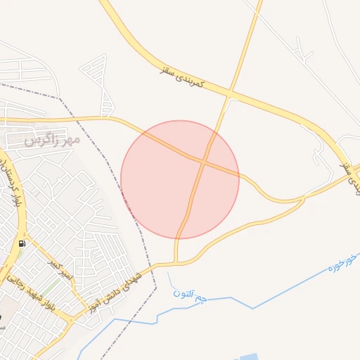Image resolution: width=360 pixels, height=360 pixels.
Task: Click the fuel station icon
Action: click(22, 243)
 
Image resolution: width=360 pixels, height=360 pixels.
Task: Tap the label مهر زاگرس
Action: click(53, 139)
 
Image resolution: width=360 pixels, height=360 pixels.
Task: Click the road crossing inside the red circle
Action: click(203, 162)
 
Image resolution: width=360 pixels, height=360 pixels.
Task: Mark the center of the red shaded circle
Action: click(180, 179)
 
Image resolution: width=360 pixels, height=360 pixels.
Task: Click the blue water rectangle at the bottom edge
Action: click(250, 356)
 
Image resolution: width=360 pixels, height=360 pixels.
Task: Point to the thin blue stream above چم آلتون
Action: click(171, 279)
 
